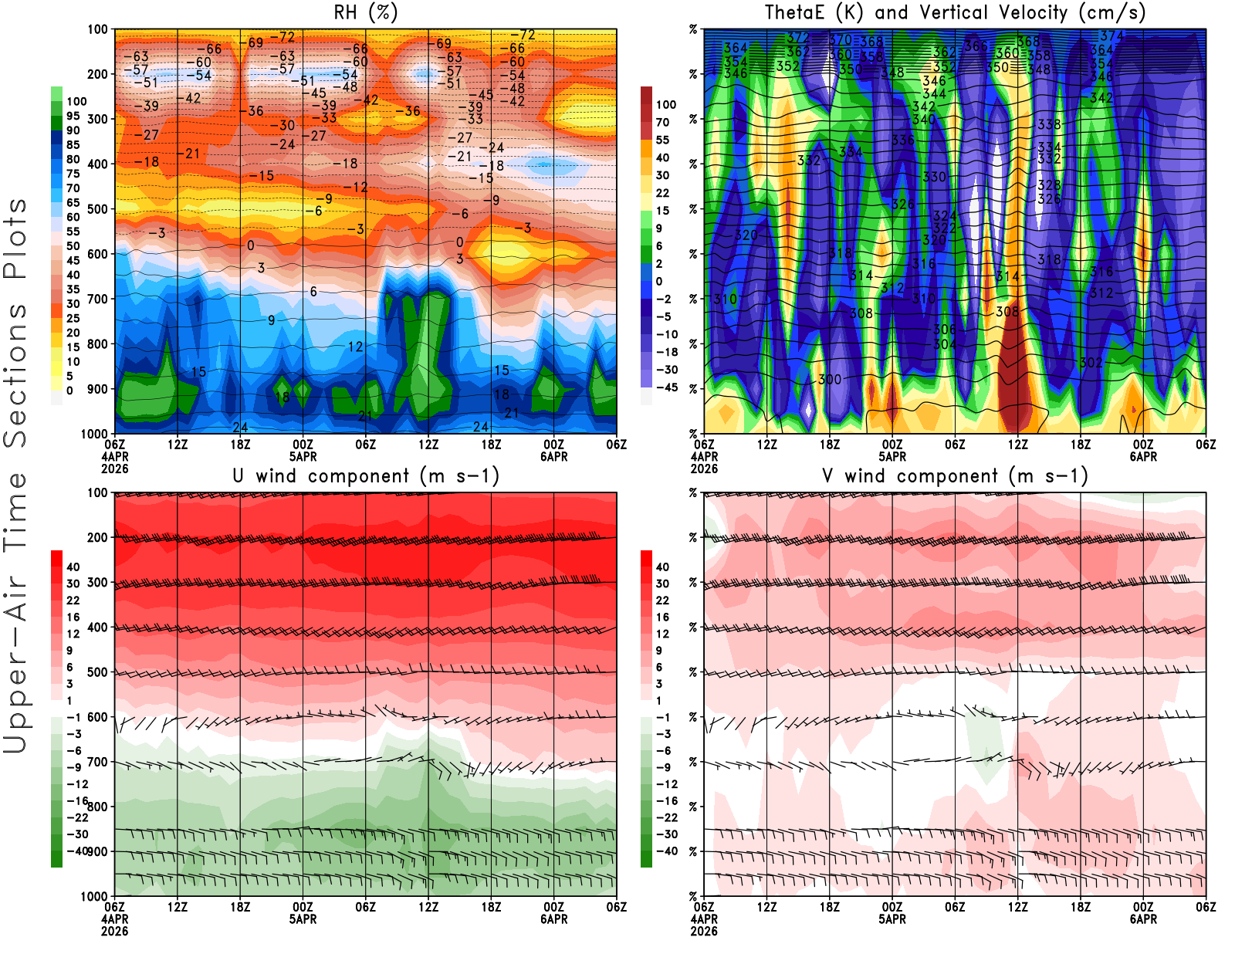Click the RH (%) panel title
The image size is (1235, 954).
coord(365,12)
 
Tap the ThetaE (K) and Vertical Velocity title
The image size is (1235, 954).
coord(954,12)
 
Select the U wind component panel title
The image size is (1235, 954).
coord(365,475)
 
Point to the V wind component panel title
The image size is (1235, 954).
coord(954,475)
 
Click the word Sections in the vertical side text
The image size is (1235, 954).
coord(15,375)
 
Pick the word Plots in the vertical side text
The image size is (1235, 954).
coord(15,239)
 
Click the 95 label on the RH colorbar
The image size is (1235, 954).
coord(73,116)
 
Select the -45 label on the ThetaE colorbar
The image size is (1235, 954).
coord(666,387)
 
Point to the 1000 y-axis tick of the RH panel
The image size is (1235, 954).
coord(94,434)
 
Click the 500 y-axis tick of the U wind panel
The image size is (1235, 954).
coord(97,672)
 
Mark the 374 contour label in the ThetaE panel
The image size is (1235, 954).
coord(1111,36)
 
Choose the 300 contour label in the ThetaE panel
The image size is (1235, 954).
coord(830,379)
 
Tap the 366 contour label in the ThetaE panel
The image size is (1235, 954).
coord(976,46)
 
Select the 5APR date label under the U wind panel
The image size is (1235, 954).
coord(303,919)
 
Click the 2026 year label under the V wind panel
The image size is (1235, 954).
coord(704,932)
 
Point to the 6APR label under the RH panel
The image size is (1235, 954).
coord(553,457)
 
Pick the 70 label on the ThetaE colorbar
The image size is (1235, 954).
coord(662,122)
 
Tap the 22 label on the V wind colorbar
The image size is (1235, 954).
coord(662,600)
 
